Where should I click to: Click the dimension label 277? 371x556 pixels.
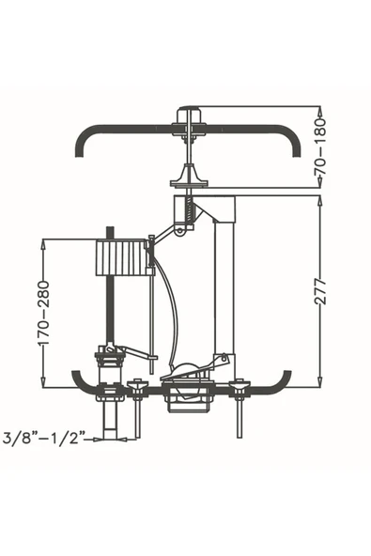point(320,291)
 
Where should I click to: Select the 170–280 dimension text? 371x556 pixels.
point(43,313)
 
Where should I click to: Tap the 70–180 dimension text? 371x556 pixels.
point(320,147)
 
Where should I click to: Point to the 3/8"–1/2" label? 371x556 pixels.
point(44,438)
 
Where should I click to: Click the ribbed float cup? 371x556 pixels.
point(121,257)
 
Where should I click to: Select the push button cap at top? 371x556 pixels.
point(192,116)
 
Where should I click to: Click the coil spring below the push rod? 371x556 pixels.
point(190,210)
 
